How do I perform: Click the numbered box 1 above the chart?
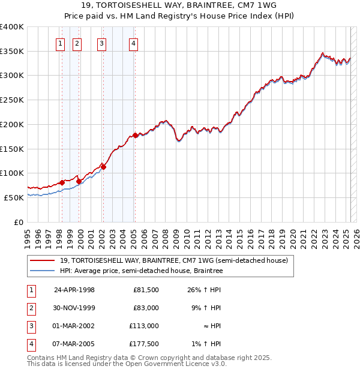(x=61, y=43)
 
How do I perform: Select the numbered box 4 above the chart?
(x=133, y=43)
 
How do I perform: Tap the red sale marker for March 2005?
(x=135, y=136)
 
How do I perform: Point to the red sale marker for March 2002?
(x=103, y=167)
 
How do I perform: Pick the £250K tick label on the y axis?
(x=11, y=100)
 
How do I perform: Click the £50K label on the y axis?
(x=14, y=197)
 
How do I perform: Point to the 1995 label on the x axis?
(x=28, y=235)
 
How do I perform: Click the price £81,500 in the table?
(x=145, y=290)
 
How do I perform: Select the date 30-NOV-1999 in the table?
(x=75, y=308)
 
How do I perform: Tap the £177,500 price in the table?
(x=144, y=344)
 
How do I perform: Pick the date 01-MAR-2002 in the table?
(x=75, y=326)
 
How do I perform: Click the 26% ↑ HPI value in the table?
(x=204, y=290)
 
